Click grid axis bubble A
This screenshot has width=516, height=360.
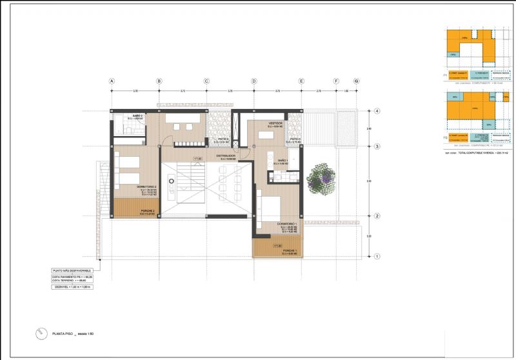click(112, 81)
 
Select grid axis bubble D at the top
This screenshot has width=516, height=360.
click(254, 81)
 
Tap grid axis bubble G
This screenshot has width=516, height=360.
click(356, 81)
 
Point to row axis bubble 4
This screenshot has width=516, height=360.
click(377, 111)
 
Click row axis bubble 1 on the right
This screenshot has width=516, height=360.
click(377, 257)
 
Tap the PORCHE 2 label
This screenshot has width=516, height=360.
click(147, 210)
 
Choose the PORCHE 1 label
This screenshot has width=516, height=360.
click(288, 250)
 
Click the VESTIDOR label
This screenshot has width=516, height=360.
click(276, 122)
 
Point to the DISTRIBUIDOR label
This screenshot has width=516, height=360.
click(226, 155)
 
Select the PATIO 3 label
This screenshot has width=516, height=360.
click(223, 139)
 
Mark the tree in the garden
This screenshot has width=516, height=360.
click(321, 176)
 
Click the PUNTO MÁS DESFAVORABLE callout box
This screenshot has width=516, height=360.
click(72, 270)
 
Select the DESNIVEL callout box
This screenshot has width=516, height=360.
click(72, 288)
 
